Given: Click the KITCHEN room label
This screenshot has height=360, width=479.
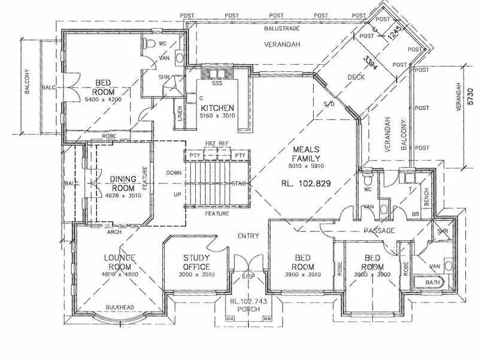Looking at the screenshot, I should [217, 108].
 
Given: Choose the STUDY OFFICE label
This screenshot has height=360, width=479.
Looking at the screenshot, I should [196, 262].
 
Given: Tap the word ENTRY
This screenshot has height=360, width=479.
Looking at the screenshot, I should [248, 235].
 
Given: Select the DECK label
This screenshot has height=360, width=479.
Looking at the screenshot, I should [356, 77].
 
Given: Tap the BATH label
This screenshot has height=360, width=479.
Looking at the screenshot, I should [432, 282].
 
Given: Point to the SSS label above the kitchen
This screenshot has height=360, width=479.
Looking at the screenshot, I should [217, 83].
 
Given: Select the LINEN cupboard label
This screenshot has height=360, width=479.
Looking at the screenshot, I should [180, 114].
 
